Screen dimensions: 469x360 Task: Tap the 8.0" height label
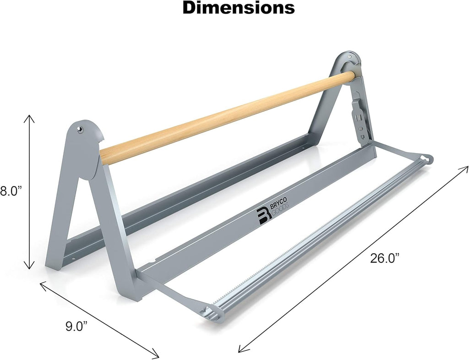(11, 191)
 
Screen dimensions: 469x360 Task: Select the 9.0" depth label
(76, 327)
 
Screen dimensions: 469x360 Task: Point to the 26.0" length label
(385, 258)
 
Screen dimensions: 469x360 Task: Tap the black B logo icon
(264, 216)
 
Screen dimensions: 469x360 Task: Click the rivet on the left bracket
(80, 129)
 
